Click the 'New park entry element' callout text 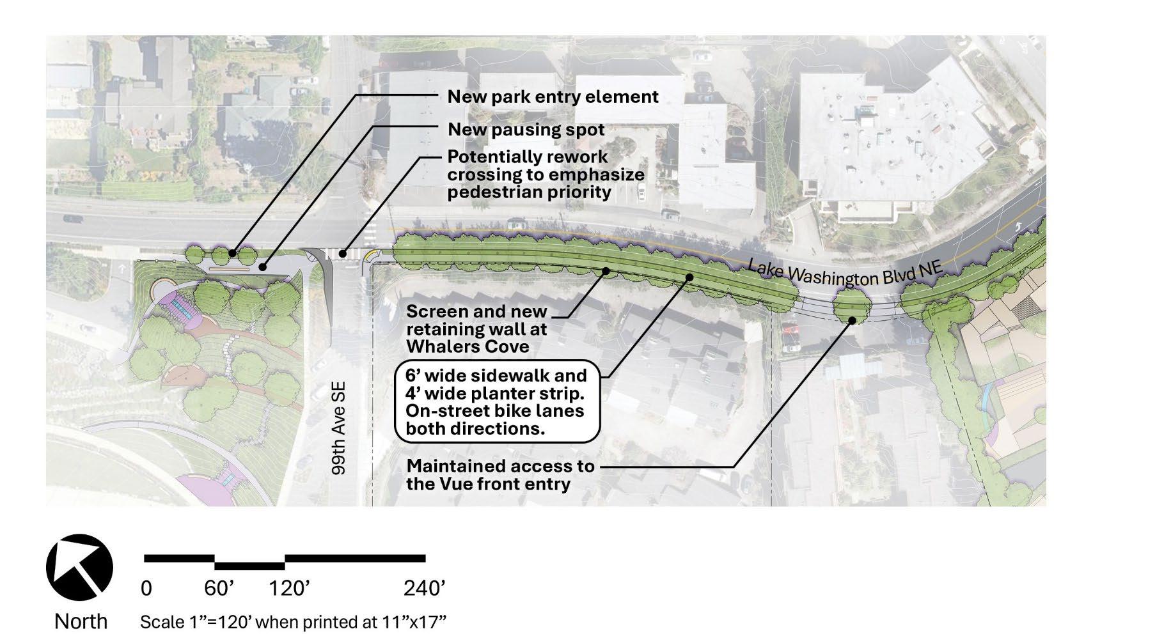click(553, 97)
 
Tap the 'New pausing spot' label click(526, 130)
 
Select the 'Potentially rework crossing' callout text click(546, 175)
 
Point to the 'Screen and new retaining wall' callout click(476, 329)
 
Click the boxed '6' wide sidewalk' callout click(497, 402)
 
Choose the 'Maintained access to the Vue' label click(500, 475)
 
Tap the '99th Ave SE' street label click(338, 428)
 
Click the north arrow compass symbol click(79, 568)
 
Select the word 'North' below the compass click(81, 621)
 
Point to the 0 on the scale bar click(146, 588)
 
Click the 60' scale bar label click(219, 588)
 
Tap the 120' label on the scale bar click(289, 588)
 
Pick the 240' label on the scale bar click(425, 588)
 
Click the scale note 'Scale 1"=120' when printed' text click(292, 622)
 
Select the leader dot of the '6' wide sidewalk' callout click(690, 277)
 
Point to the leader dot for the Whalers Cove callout click(605, 271)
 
